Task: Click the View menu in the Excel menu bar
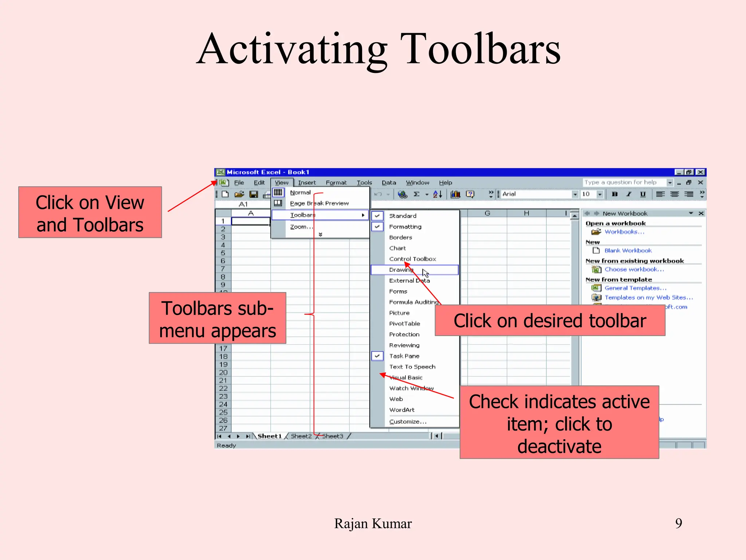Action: pos(282,183)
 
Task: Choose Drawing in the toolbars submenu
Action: pos(401,270)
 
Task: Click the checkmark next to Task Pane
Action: pos(377,356)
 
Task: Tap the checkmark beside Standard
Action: pos(377,216)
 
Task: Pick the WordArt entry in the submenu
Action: pos(402,410)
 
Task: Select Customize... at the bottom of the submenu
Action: pos(408,421)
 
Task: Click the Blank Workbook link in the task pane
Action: pos(628,250)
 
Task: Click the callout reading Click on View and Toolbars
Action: pos(90,213)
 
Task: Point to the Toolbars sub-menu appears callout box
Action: pos(217,318)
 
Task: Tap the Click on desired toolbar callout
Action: pos(550,321)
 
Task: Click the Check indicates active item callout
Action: pos(559,423)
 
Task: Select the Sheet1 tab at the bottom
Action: pos(270,436)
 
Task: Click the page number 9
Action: pos(678,523)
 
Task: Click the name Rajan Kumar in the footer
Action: pos(373,524)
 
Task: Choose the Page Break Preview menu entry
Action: pos(319,203)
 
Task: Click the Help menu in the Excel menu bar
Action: pos(445,183)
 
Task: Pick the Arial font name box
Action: pos(535,194)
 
